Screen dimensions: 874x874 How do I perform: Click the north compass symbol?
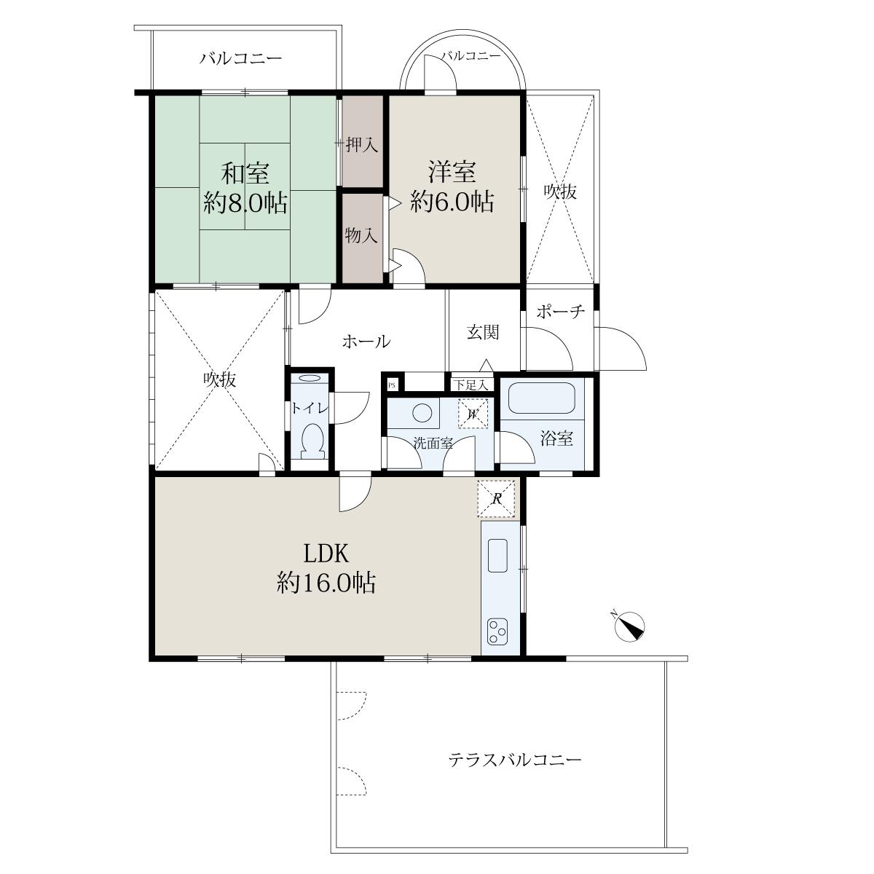click(x=629, y=627)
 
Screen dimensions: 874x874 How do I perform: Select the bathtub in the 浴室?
click(x=542, y=398)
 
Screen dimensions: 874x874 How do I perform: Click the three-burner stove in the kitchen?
click(x=497, y=631)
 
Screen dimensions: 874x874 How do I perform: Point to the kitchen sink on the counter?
click(x=497, y=556)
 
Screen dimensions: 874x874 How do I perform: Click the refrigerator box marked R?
click(x=497, y=499)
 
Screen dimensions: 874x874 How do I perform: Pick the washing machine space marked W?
click(x=473, y=413)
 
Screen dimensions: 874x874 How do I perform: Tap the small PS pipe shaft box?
click(x=393, y=385)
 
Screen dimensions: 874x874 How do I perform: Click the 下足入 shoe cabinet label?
click(x=471, y=385)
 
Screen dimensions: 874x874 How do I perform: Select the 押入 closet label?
click(x=361, y=145)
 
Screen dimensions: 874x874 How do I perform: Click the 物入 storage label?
click(x=361, y=235)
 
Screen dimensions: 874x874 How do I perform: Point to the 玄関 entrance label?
click(x=483, y=332)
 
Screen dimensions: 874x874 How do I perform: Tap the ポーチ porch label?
click(x=561, y=311)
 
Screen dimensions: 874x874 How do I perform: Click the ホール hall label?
click(x=366, y=342)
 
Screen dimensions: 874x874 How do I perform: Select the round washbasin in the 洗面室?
click(x=422, y=413)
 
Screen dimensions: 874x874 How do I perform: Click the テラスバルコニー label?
click(x=515, y=759)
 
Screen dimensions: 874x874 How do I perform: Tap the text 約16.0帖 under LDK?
click(x=326, y=583)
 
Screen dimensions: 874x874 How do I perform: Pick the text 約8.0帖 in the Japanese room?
click(x=245, y=202)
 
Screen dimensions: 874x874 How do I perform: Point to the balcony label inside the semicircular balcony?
click(x=471, y=56)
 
